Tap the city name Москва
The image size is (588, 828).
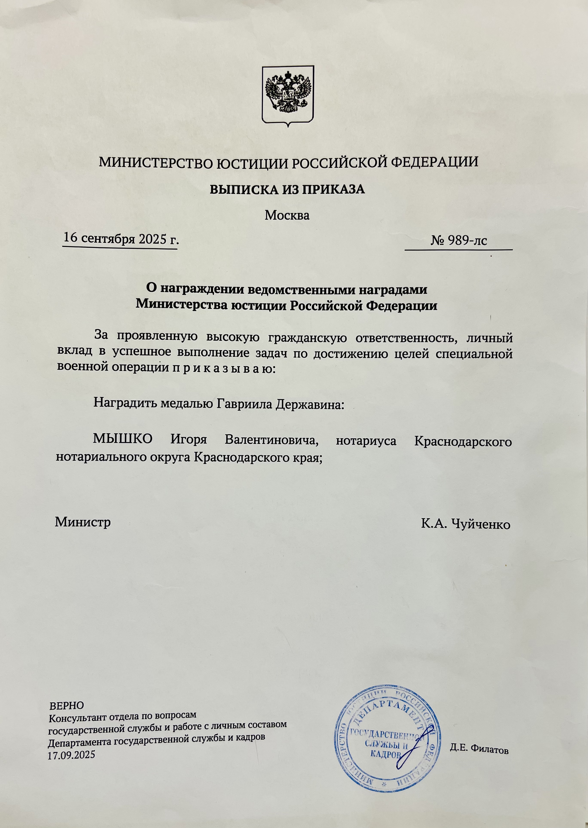[287, 216]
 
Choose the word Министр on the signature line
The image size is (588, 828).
[83, 522]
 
